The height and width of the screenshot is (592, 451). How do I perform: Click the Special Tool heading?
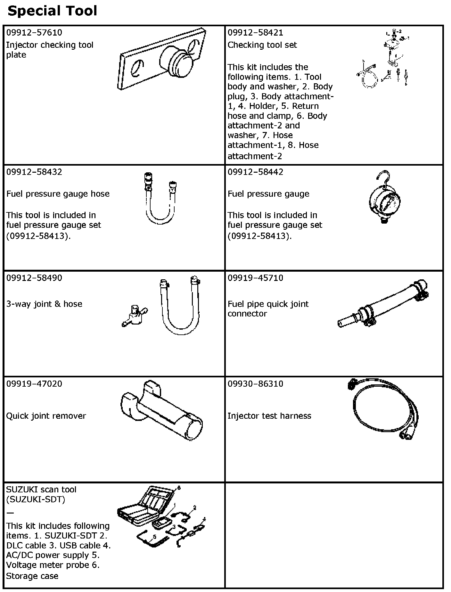52,11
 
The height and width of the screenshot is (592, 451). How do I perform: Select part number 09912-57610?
34,33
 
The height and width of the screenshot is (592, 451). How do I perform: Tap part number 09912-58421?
255,33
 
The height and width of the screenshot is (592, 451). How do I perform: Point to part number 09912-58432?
34,172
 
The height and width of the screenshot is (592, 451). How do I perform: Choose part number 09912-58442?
255,172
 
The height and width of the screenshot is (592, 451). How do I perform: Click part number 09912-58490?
34,278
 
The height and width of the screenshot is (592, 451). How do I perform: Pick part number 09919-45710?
255,278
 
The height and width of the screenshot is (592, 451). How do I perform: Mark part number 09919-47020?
34,383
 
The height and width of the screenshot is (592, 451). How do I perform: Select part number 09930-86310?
255,383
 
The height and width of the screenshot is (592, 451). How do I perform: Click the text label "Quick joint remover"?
46,416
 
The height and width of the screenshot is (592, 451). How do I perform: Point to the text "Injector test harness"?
269,416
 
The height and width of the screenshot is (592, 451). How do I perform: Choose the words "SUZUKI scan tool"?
41,489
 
